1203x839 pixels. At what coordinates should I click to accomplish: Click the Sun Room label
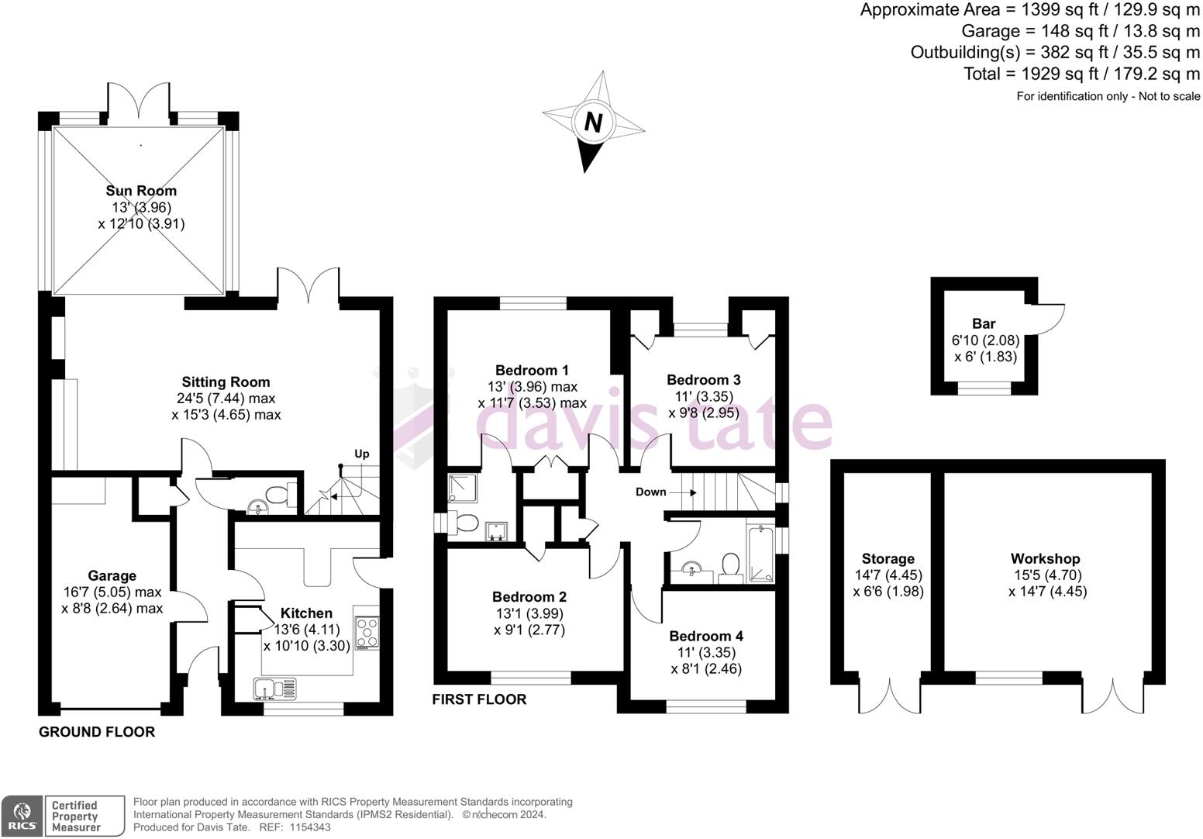pos(141,191)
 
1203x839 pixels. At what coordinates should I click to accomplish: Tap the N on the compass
pos(593,123)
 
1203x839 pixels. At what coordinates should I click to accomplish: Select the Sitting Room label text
pos(226,382)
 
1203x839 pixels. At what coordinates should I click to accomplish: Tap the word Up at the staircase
pos(361,454)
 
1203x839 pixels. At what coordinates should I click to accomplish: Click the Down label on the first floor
pos(650,492)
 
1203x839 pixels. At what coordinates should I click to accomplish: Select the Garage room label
pos(112,575)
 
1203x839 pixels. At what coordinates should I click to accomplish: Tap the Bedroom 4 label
pos(706,636)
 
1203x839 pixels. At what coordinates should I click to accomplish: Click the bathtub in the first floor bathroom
pos(760,554)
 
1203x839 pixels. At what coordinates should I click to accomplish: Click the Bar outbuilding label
pos(984,323)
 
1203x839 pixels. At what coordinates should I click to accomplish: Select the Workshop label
pos(1045,558)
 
